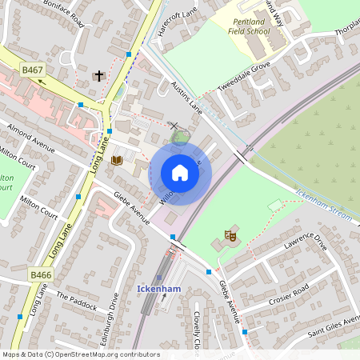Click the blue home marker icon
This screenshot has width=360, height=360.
tap(180, 173)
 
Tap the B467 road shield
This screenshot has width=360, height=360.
tap(33, 70)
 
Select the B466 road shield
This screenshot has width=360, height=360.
tap(41, 274)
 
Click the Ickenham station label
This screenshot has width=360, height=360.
tap(154, 288)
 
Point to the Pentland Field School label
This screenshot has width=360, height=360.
tap(261, 31)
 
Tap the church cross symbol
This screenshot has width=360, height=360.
tap(99, 76)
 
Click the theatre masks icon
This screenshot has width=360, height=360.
tap(230, 235)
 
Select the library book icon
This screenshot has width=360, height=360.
tap(117, 161)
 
